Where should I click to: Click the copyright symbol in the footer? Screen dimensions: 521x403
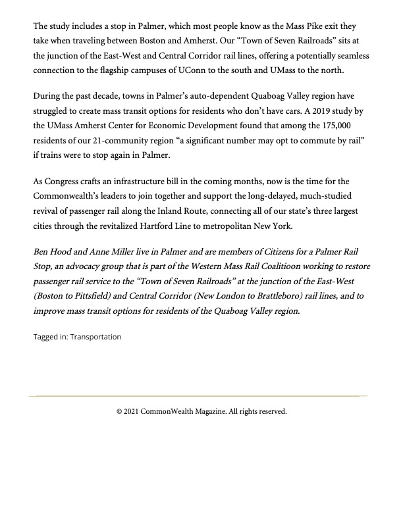[119, 411]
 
